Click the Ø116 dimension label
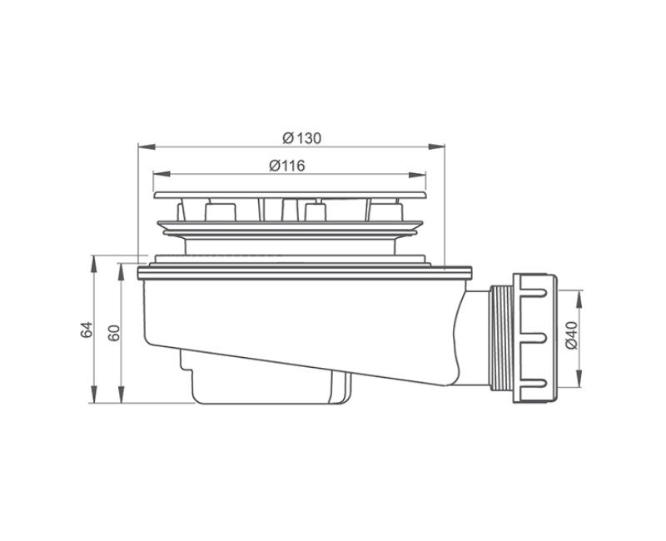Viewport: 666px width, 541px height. pyautogui.click(x=288, y=166)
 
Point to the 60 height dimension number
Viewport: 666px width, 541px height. pyautogui.click(x=115, y=332)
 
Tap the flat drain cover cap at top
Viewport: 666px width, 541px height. pyautogui.click(x=291, y=194)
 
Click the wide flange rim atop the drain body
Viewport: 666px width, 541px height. pyautogui.click(x=304, y=271)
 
